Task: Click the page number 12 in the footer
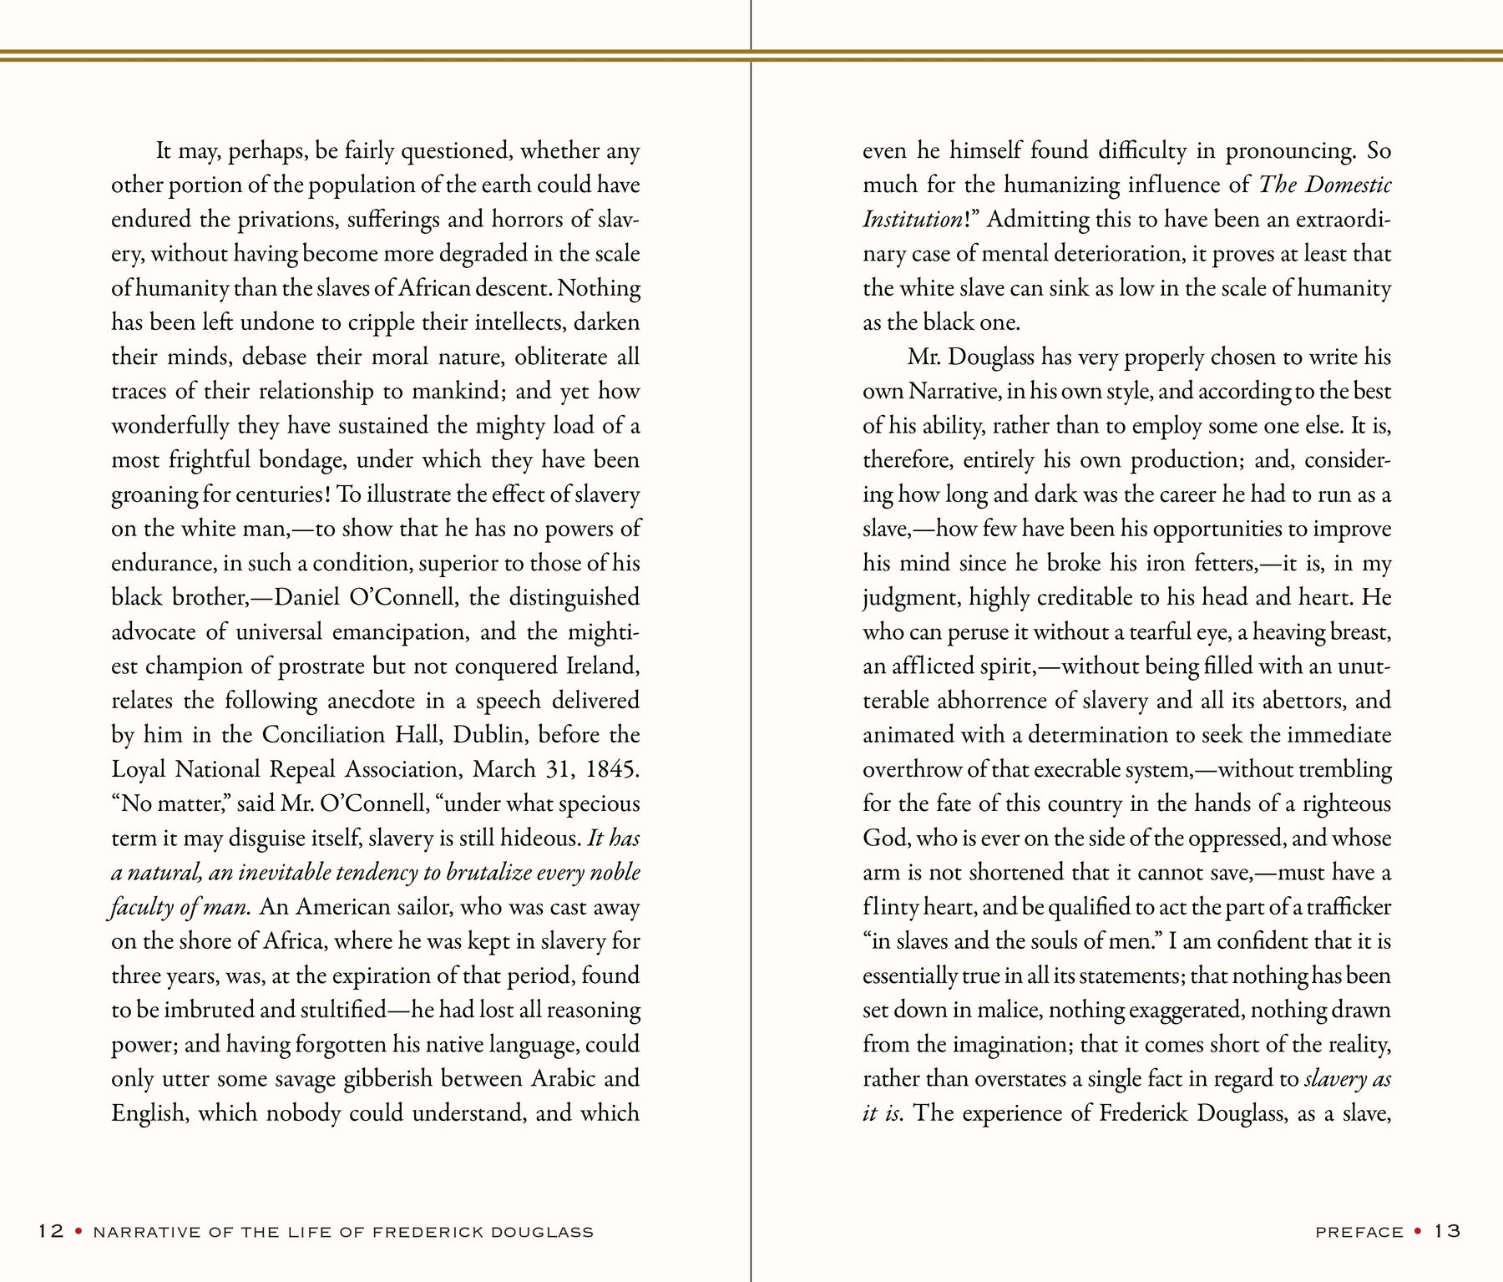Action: coord(51,1232)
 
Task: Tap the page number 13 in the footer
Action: coord(1448,1232)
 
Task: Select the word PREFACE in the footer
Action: coord(1359,1233)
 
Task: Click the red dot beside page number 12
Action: coord(78,1232)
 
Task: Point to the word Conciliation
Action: coord(318,735)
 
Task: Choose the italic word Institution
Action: coord(912,220)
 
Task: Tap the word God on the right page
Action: coord(883,838)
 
